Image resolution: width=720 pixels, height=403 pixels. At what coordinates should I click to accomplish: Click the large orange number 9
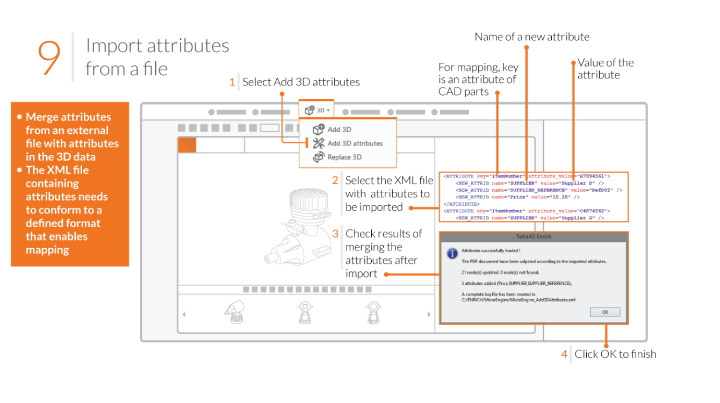click(x=49, y=57)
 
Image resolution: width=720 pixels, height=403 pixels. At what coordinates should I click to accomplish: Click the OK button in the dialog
click(x=604, y=312)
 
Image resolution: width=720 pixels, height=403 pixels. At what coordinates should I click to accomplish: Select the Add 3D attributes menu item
click(x=355, y=143)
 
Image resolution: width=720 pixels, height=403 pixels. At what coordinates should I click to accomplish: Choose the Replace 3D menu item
click(x=344, y=157)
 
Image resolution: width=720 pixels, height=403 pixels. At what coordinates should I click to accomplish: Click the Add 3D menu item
click(x=339, y=129)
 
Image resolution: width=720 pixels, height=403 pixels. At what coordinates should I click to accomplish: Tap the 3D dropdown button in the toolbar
click(x=316, y=110)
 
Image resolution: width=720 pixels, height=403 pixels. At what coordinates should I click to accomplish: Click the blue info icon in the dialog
click(x=452, y=253)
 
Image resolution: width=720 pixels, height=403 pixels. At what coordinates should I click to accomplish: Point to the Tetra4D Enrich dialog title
click(x=534, y=237)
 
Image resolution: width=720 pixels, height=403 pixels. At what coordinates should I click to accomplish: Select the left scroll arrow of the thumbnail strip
click(x=184, y=314)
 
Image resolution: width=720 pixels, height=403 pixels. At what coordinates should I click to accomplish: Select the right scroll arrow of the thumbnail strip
click(x=429, y=314)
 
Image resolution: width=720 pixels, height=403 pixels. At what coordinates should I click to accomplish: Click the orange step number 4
click(x=564, y=354)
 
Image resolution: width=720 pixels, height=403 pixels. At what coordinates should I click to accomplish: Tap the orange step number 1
click(x=232, y=82)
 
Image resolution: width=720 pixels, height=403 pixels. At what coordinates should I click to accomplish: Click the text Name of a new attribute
click(x=532, y=37)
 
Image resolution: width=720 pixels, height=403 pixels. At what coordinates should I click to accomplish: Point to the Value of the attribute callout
click(x=606, y=69)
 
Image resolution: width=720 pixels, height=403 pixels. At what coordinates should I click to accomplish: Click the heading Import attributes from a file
click(x=157, y=57)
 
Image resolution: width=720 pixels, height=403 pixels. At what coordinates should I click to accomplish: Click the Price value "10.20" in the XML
click(x=562, y=197)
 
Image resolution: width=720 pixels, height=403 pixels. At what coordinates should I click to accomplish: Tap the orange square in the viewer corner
click(x=187, y=145)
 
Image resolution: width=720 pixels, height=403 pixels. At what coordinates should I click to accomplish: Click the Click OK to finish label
click(x=615, y=354)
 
